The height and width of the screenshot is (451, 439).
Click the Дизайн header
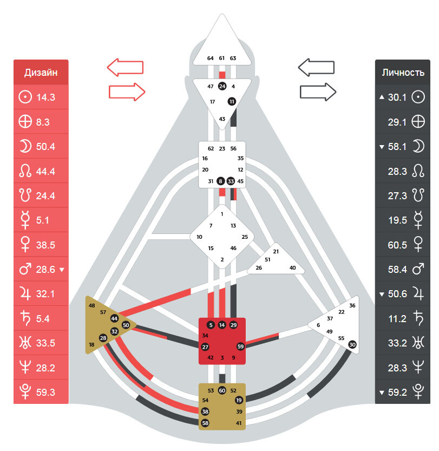click(x=41, y=73)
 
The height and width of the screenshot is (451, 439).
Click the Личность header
click(x=403, y=73)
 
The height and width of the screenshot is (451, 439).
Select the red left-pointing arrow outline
click(x=126, y=67)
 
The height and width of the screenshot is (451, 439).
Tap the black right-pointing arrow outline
click(x=318, y=92)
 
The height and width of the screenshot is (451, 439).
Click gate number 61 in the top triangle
click(x=221, y=58)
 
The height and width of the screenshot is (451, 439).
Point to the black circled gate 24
click(x=222, y=86)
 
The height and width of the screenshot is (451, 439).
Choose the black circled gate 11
click(x=232, y=101)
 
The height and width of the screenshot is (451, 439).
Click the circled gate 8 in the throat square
click(x=220, y=181)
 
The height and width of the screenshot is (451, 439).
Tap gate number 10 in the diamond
click(x=199, y=237)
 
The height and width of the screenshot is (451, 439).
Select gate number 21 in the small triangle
click(x=276, y=251)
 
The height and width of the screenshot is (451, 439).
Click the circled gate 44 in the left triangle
click(x=114, y=318)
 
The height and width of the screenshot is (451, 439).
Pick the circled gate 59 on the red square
click(x=240, y=347)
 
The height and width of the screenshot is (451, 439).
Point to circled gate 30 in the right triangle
click(x=352, y=344)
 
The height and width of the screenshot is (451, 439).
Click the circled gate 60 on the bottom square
click(x=222, y=390)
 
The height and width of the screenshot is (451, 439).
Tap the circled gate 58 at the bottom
click(x=205, y=423)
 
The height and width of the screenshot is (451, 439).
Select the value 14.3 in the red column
click(x=45, y=97)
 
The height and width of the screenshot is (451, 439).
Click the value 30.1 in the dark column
click(x=397, y=97)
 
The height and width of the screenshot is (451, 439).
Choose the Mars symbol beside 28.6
click(x=25, y=269)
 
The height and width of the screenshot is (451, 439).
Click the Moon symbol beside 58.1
click(x=418, y=146)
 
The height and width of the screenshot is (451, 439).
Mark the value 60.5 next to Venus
click(x=397, y=245)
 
